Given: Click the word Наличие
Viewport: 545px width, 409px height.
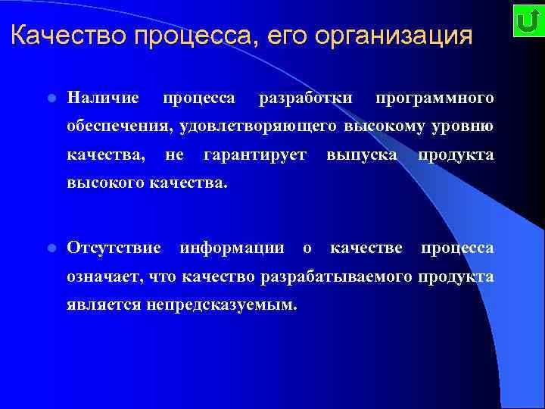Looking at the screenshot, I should coord(103,98).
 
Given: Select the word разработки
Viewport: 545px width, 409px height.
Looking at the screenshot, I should coord(305,98).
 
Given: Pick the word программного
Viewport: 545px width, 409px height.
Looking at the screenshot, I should coord(434,98).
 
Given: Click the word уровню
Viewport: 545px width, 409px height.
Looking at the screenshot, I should coord(465,126).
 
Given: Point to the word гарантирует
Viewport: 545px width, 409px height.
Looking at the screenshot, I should coord(255,155).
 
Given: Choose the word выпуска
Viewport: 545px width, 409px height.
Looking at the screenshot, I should coord(362,155).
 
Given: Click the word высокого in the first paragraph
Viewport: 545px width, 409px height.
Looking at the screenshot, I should coord(104,183).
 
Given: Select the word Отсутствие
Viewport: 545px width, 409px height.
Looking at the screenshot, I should coord(114,248).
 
